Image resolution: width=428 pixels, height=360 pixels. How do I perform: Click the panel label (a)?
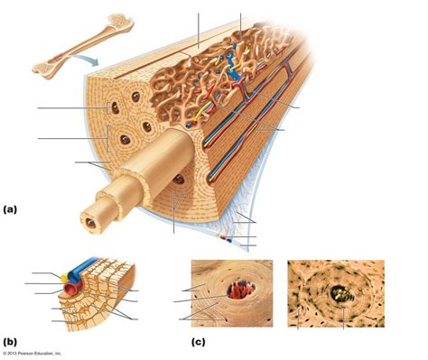coord(10,209)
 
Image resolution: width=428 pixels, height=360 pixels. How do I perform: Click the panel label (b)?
coord(10,341)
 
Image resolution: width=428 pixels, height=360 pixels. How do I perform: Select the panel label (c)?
coord(199,341)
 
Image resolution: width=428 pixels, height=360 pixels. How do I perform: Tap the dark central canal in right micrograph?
coord(340,291)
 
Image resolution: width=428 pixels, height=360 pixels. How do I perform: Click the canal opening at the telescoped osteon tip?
coord(91,220)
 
